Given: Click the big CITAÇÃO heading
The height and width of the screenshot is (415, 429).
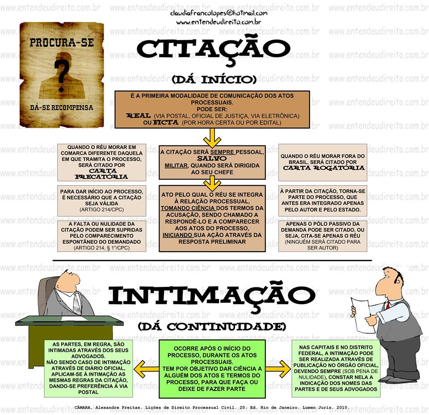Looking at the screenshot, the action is click(x=213, y=49).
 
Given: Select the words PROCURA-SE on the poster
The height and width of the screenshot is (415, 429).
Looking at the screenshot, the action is click(x=61, y=43).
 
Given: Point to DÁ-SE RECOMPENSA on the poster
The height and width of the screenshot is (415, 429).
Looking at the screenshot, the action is click(x=61, y=108).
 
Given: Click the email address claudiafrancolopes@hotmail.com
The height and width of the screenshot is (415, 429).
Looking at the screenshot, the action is click(x=219, y=13).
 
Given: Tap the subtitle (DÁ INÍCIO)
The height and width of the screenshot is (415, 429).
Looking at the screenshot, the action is click(x=214, y=80).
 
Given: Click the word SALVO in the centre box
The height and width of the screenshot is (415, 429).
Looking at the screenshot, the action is click(x=212, y=159).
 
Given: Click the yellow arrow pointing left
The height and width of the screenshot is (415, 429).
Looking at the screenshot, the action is click(x=147, y=369).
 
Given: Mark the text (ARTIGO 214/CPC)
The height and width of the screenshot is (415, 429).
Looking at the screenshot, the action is click(x=102, y=209).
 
